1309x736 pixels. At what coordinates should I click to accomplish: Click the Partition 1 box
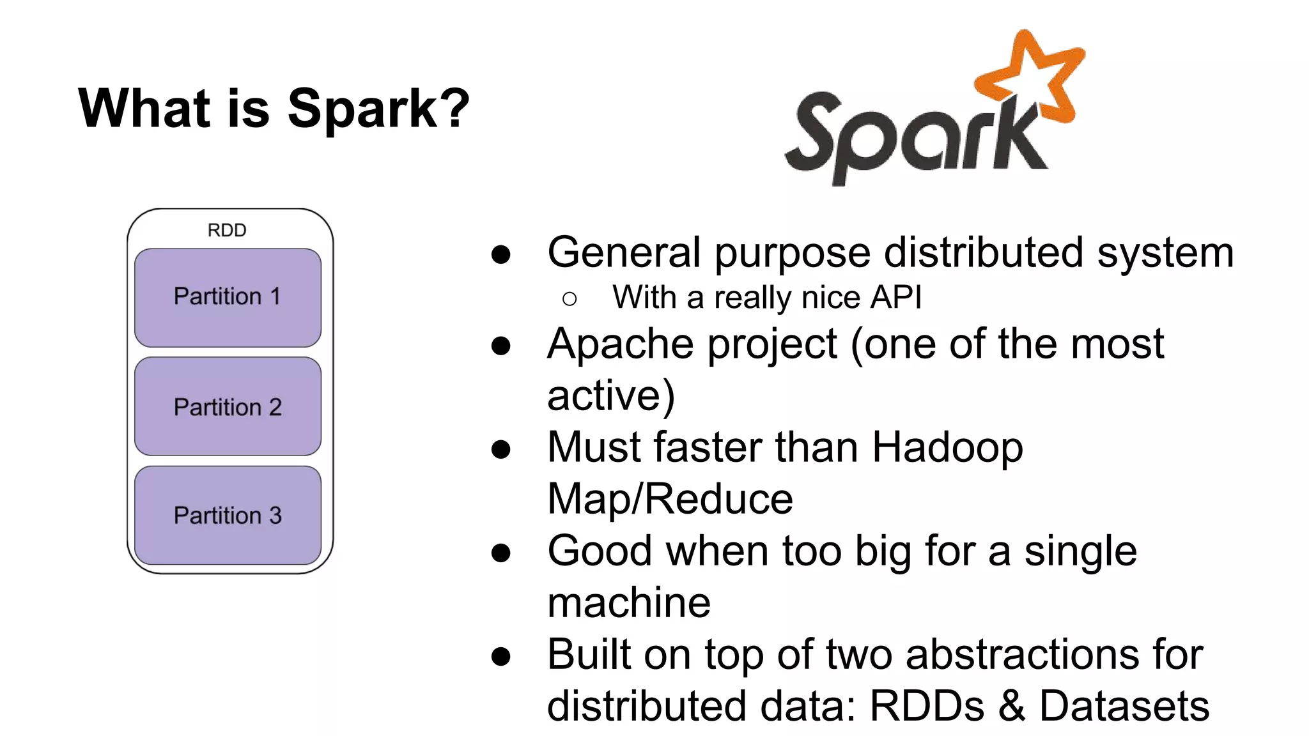click(x=228, y=297)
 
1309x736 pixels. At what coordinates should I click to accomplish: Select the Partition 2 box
click(x=228, y=407)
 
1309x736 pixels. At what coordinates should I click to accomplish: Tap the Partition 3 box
click(x=228, y=516)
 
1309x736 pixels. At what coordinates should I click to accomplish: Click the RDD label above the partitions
click(x=227, y=230)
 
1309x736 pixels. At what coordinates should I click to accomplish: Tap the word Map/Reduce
click(x=670, y=499)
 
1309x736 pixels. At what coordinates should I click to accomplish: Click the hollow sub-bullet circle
click(x=569, y=299)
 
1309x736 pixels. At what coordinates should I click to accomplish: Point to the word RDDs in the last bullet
click(x=927, y=706)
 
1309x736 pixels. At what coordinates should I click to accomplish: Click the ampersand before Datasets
click(x=1012, y=706)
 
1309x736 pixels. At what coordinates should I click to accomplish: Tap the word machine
click(x=629, y=602)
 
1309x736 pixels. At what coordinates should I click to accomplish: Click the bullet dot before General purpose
click(x=501, y=254)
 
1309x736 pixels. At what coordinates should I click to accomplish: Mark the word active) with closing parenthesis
click(x=610, y=396)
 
